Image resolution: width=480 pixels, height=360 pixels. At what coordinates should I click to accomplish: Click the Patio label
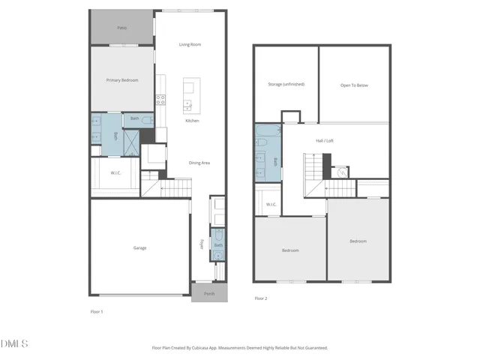coord(121,28)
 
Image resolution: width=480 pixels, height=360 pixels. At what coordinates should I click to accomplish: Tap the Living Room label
coord(190,44)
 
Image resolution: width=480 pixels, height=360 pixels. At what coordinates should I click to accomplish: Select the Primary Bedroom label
coord(121,79)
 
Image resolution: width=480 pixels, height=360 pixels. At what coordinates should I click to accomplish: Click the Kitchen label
coord(193,121)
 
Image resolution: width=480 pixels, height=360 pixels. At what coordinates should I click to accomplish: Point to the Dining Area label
coord(199,163)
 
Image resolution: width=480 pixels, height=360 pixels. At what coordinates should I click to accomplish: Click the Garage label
coord(140,247)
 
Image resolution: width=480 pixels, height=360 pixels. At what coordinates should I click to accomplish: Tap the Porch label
coord(209,293)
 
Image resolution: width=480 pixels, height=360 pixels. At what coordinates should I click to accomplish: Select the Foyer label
coord(201,245)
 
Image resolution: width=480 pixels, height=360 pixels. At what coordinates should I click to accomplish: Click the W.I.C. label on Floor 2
coord(271,204)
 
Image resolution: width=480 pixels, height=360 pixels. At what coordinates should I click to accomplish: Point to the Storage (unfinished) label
coord(286,85)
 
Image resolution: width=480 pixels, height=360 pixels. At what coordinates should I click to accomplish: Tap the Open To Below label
coord(354,85)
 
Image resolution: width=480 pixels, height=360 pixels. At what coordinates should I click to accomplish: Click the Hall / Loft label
coord(324,140)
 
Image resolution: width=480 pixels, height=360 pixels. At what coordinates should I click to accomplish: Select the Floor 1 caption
coord(97,310)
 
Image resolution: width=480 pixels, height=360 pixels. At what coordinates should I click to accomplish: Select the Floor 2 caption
coord(260,298)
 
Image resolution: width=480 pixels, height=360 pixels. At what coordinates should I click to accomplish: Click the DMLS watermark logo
coord(15,343)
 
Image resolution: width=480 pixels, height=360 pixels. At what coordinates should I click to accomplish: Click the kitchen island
coord(188,95)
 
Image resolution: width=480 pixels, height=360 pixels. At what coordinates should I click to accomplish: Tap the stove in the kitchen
coord(160,98)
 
